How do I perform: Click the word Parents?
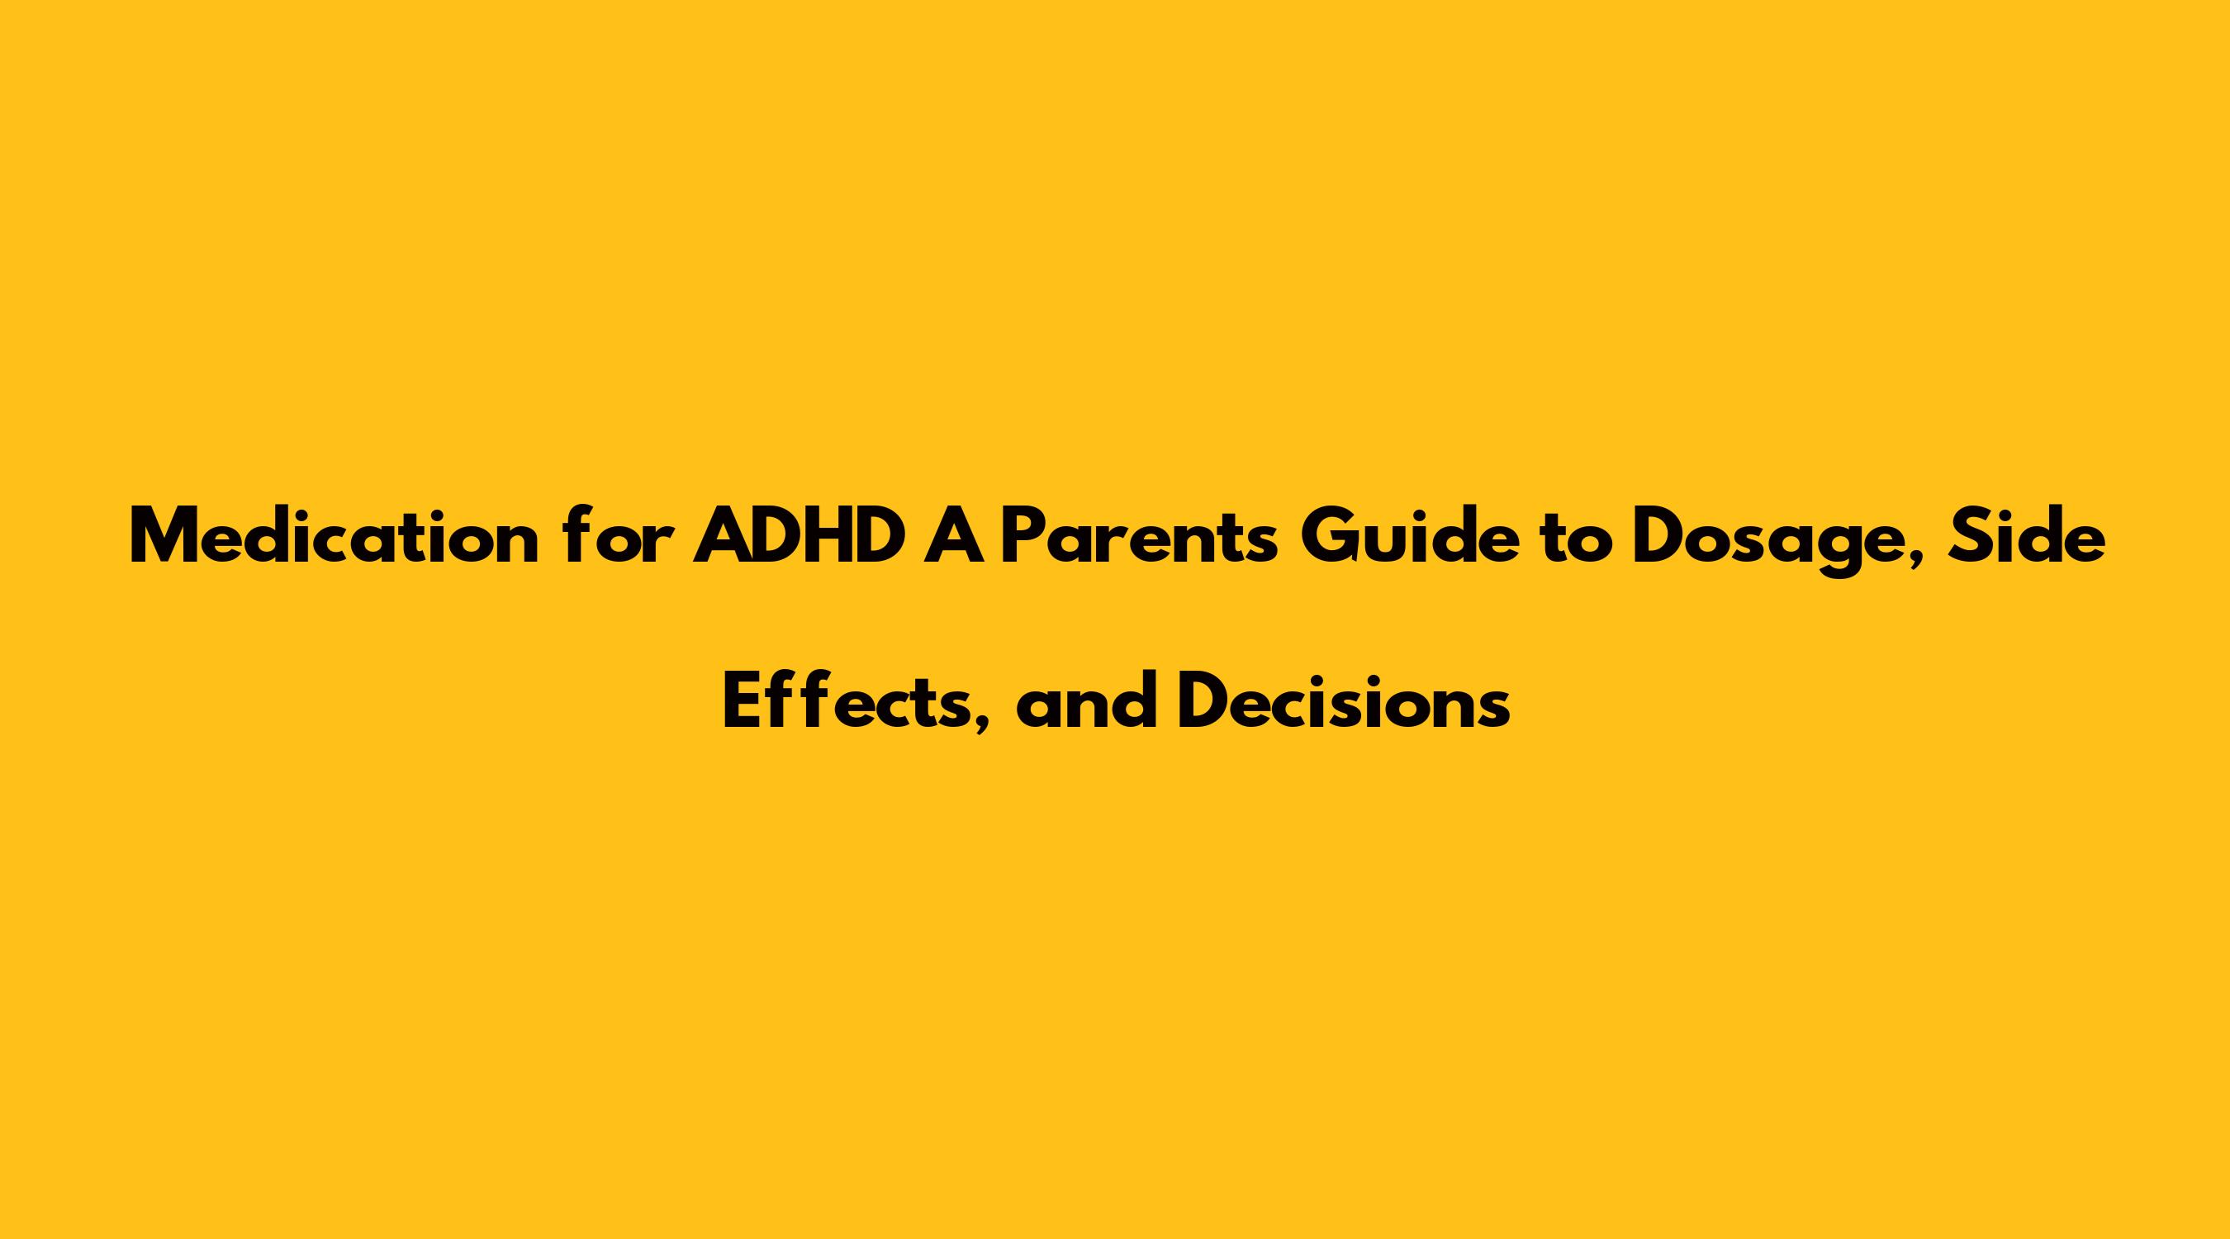point(1138,538)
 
